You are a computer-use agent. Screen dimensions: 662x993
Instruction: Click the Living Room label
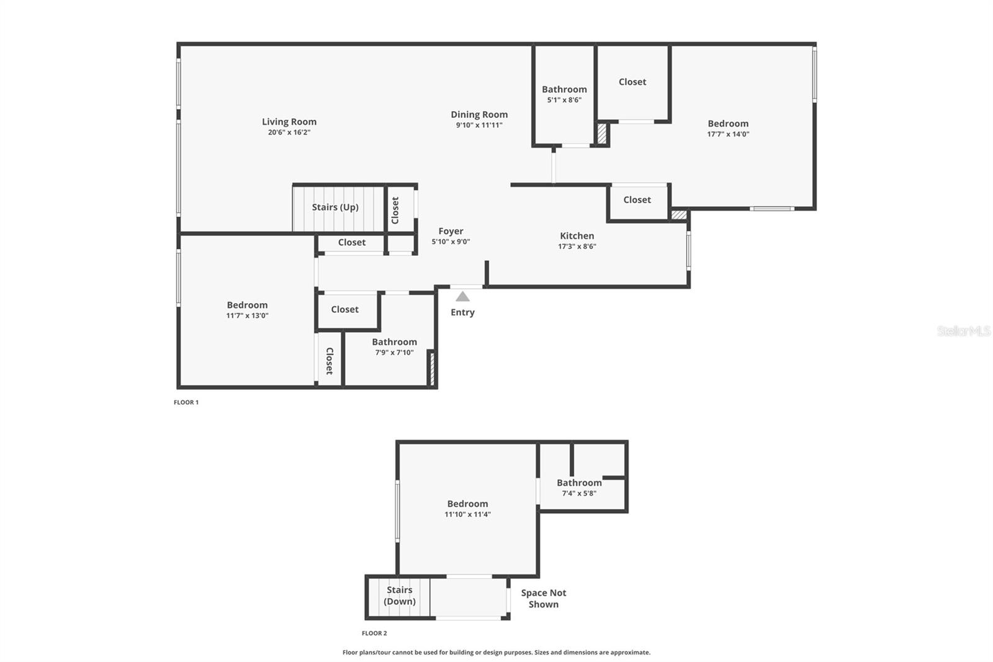point(289,122)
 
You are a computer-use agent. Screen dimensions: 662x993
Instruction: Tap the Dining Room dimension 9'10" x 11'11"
point(479,125)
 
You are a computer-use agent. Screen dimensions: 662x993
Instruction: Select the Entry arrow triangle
point(462,297)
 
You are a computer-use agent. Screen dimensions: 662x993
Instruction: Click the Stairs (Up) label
point(335,207)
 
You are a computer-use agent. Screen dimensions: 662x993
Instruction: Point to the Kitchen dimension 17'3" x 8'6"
point(577,247)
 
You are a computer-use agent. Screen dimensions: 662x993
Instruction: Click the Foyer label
point(451,231)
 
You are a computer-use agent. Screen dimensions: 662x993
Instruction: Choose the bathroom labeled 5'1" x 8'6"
point(564,89)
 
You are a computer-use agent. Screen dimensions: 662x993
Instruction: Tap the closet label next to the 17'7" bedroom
point(632,82)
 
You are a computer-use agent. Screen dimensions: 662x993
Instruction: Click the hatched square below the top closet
point(601,134)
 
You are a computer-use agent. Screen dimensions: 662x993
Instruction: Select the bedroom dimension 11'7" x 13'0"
point(247,315)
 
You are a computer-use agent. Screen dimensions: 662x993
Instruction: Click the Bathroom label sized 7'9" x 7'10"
point(394,342)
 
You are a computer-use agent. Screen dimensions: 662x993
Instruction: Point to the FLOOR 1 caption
point(186,402)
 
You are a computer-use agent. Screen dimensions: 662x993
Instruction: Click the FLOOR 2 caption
point(374,633)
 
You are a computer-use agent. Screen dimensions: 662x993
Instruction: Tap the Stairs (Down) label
point(400,596)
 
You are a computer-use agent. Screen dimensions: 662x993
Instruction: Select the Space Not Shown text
point(543,599)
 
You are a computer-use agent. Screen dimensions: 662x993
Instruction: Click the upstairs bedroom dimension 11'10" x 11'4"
point(467,514)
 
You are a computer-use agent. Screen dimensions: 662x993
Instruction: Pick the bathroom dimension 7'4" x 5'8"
point(578,494)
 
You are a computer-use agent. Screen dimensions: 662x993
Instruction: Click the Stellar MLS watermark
point(963,331)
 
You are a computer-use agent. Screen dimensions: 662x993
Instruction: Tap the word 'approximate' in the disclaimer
point(629,653)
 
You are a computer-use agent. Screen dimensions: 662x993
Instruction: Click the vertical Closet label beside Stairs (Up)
point(395,210)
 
